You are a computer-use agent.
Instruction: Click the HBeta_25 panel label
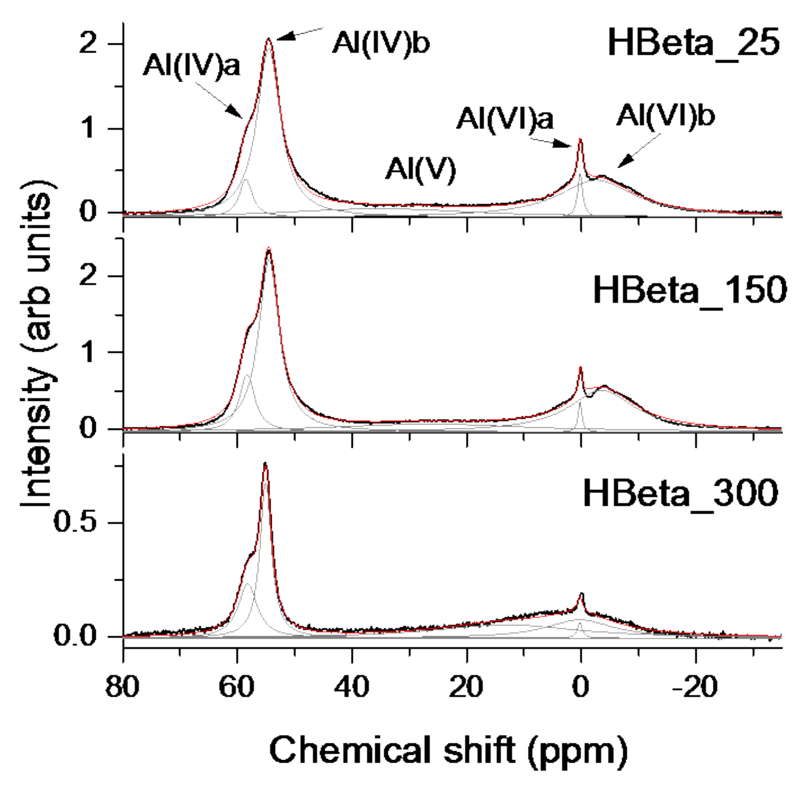click(693, 43)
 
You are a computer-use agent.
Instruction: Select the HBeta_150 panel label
click(690, 291)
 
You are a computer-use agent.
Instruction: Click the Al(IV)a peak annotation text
click(192, 66)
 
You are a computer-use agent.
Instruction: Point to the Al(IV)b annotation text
click(381, 43)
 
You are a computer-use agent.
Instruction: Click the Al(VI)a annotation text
click(505, 119)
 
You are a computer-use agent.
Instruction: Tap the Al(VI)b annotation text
click(665, 116)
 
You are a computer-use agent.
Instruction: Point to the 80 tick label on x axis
click(122, 687)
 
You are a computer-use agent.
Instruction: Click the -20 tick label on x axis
click(695, 687)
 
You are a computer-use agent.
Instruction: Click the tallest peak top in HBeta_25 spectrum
click(268, 40)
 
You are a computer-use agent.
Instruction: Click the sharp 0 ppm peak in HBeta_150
click(580, 368)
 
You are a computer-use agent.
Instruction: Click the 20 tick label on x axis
click(466, 687)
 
